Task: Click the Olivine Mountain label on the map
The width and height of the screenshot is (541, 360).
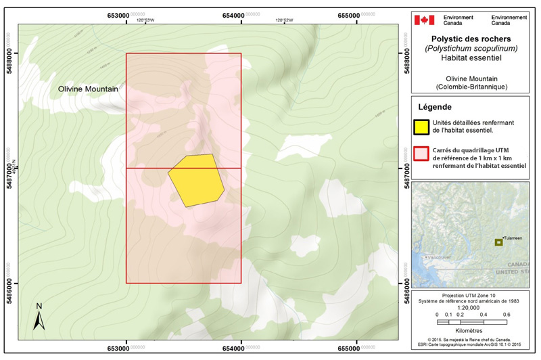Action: click(88, 89)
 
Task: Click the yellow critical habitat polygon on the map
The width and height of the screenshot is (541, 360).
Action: click(196, 179)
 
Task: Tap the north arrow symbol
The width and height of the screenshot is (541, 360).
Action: click(39, 316)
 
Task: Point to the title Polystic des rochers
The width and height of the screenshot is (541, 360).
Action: click(472, 39)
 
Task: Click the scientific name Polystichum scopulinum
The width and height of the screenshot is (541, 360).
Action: click(472, 49)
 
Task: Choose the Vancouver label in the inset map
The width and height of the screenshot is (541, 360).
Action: click(438, 258)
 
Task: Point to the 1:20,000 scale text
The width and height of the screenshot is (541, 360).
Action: click(472, 308)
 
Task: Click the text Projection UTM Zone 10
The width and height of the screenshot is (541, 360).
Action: click(472, 296)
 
